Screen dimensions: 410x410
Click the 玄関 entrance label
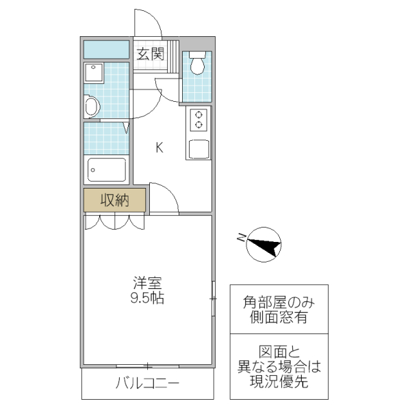point(150,55)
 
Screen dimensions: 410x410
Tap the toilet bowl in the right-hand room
point(197,64)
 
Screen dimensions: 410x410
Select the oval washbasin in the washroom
point(90,106)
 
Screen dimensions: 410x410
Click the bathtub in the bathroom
point(106,170)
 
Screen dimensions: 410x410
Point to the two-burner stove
point(199,120)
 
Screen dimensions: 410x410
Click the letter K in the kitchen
point(158,147)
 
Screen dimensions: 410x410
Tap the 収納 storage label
point(115,200)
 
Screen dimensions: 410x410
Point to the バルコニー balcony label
point(147,383)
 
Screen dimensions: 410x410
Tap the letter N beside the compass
point(241,237)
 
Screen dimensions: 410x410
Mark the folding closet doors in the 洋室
point(114,222)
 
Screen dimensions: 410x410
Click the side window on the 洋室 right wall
point(213,299)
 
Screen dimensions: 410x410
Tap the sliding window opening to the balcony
point(147,367)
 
